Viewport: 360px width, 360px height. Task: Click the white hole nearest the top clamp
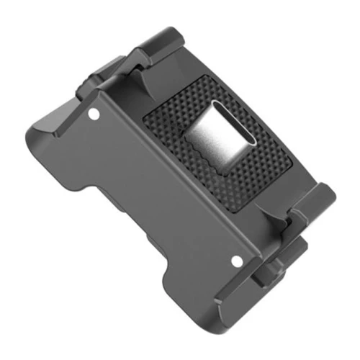(x=94, y=114)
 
